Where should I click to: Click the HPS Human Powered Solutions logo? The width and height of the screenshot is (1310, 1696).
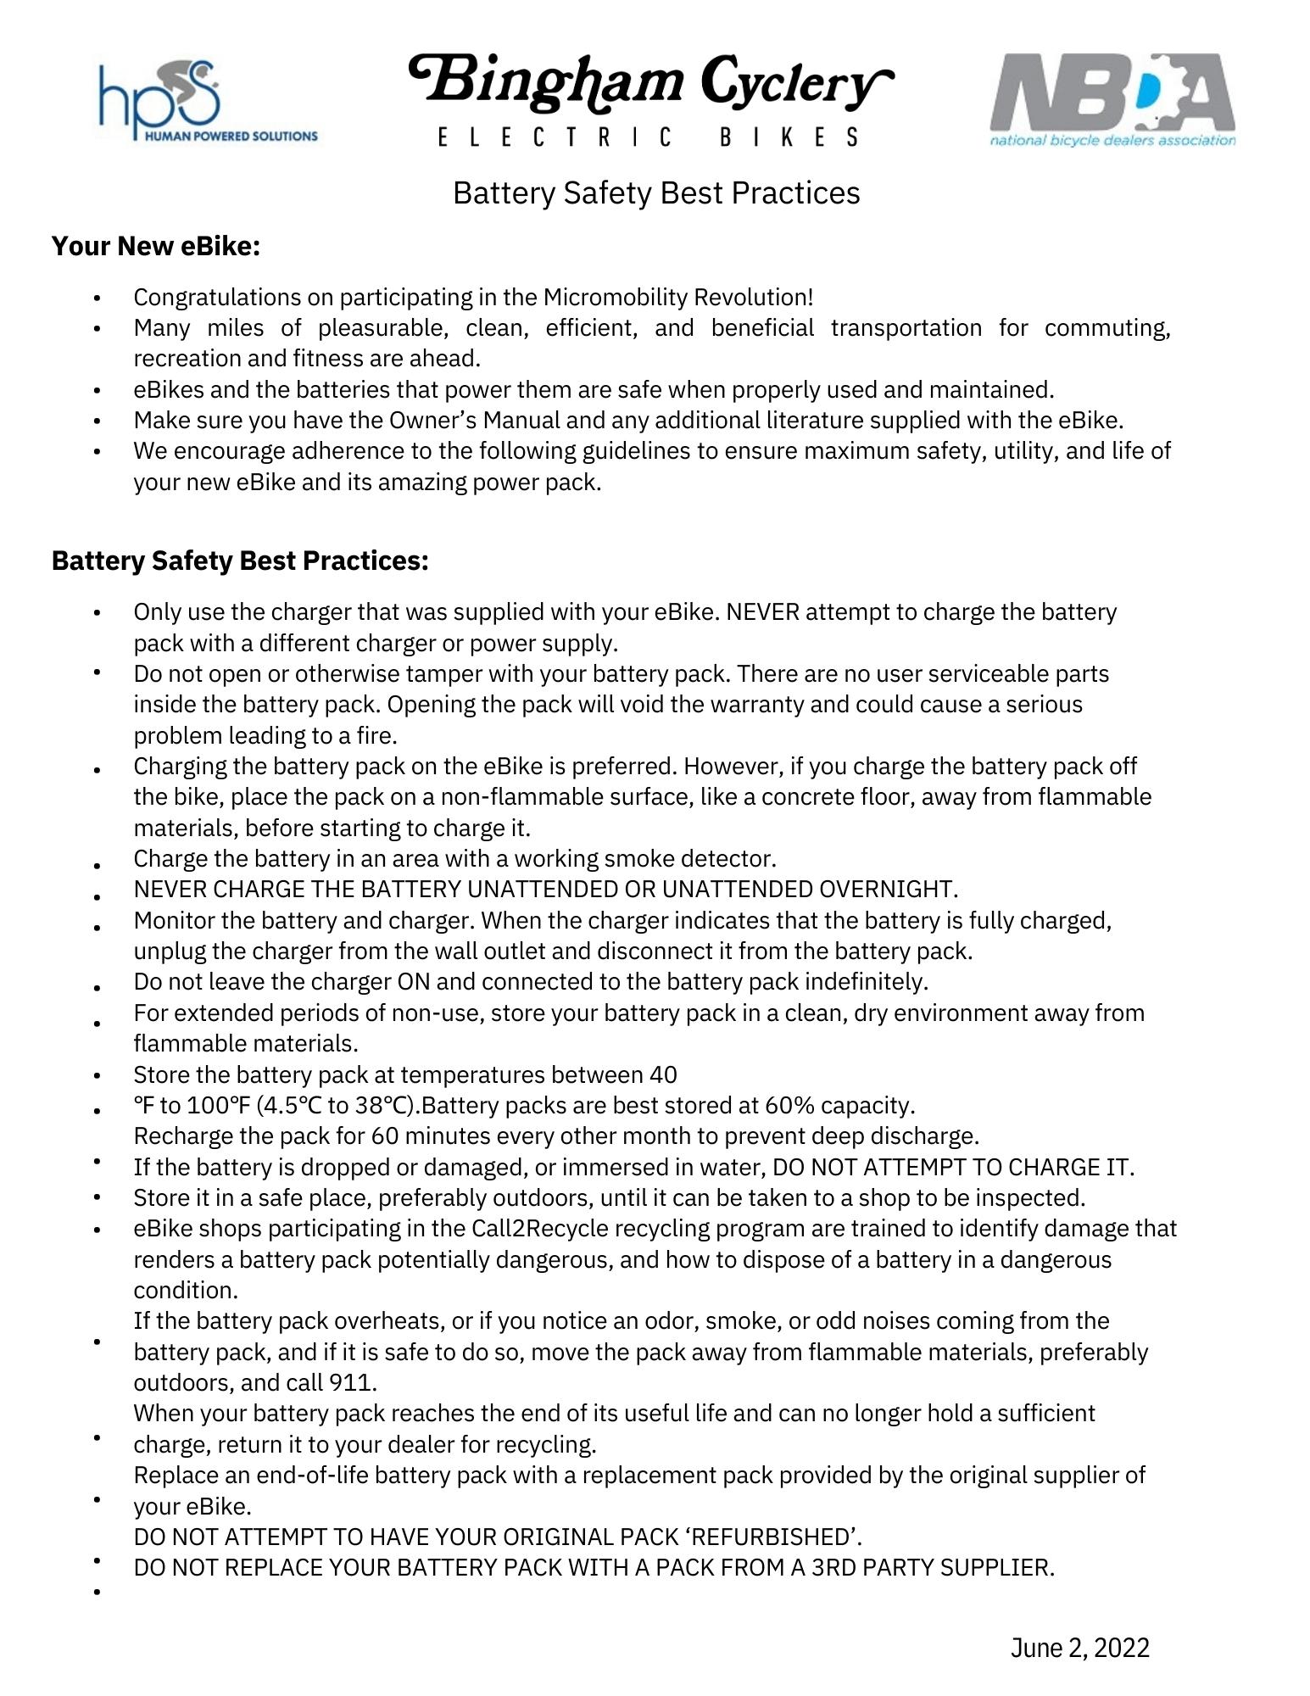207,101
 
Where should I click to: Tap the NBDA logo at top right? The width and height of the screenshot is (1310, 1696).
1112,100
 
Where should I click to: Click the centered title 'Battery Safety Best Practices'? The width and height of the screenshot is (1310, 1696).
656,193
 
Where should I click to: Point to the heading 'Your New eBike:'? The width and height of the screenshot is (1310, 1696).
155,246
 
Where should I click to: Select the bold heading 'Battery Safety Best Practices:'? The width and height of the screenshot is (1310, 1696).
240,561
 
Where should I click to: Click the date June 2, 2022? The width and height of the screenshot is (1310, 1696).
1079,1647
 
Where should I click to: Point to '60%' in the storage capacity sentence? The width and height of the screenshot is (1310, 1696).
789,1106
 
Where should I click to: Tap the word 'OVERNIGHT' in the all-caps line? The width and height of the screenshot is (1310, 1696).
888,890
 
